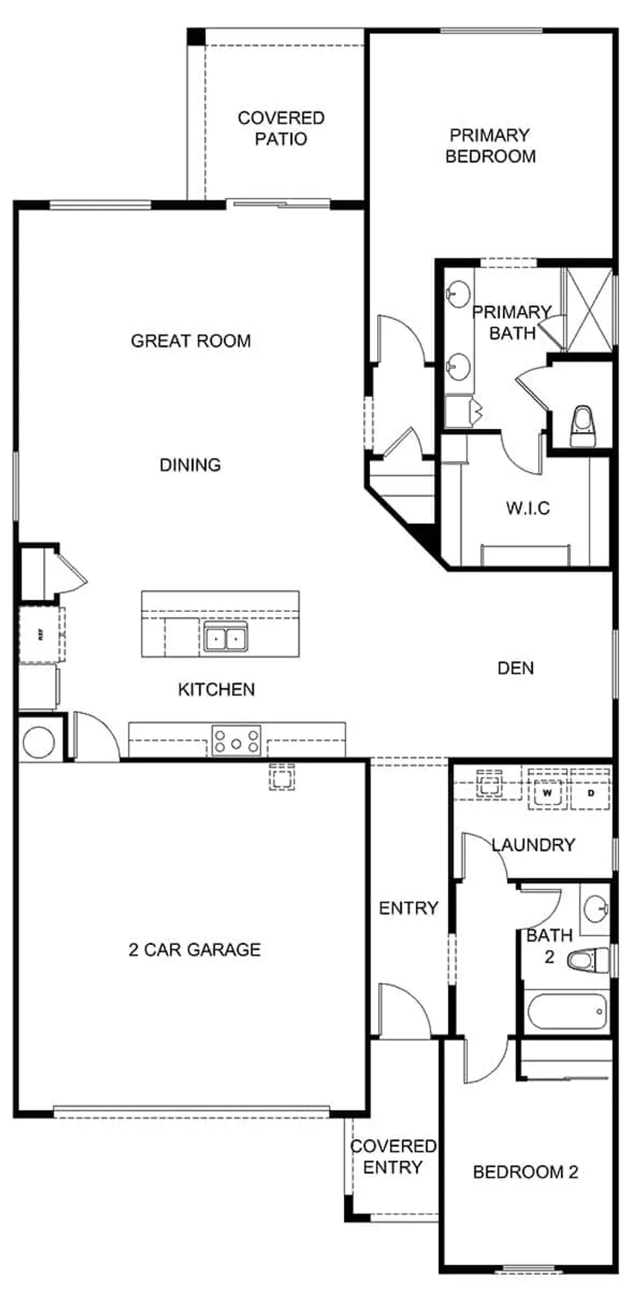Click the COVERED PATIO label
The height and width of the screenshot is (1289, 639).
pyautogui.click(x=281, y=128)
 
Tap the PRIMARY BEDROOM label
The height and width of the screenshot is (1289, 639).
pyautogui.click(x=490, y=146)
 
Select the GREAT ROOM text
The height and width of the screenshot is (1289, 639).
pyautogui.click(x=191, y=340)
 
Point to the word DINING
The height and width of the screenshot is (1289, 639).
pyautogui.click(x=190, y=465)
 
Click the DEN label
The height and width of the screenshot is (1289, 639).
pyautogui.click(x=516, y=668)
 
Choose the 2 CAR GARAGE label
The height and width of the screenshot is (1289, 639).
pyautogui.click(x=195, y=949)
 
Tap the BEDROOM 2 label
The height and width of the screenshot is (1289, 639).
pyautogui.click(x=525, y=1172)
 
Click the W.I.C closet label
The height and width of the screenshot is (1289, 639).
pyautogui.click(x=528, y=508)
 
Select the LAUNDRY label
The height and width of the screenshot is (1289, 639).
pyautogui.click(x=533, y=844)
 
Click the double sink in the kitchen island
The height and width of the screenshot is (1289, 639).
pyautogui.click(x=226, y=638)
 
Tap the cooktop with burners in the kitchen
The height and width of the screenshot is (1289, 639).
pyautogui.click(x=236, y=741)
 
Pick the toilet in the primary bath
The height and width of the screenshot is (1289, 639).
pyautogui.click(x=582, y=425)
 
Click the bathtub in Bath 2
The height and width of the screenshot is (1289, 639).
pyautogui.click(x=567, y=1011)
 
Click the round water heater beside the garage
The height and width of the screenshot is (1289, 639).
pyautogui.click(x=39, y=742)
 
